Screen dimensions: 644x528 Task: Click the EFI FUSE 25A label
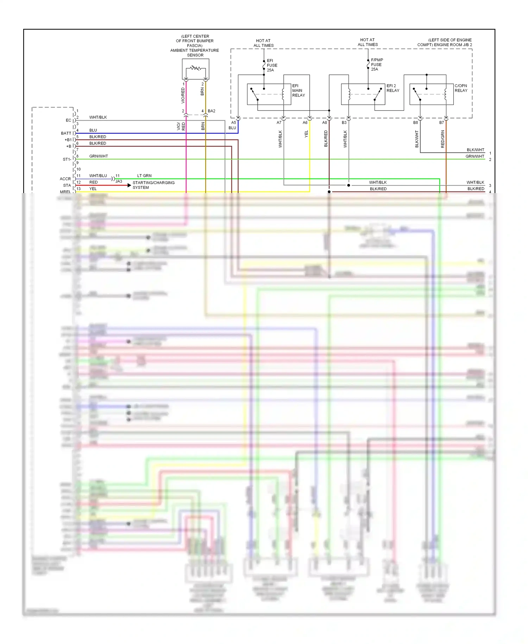(272, 66)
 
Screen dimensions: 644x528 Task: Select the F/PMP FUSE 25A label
(377, 64)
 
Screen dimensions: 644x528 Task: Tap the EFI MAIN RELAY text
(298, 91)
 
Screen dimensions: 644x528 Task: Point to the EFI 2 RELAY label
(392, 88)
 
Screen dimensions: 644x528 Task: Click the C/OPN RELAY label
(460, 88)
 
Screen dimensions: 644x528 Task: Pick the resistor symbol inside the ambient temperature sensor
(196, 68)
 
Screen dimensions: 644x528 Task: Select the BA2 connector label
(211, 111)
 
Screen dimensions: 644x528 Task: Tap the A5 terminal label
(233, 123)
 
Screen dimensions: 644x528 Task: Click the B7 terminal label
(441, 123)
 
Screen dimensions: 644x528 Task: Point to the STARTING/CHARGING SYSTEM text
(153, 185)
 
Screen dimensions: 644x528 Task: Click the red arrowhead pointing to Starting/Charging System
(129, 185)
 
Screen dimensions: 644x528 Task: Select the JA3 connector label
(119, 181)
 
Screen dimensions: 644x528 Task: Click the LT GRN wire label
(144, 175)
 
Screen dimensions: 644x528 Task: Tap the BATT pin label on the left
(66, 133)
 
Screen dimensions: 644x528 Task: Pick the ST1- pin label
(67, 159)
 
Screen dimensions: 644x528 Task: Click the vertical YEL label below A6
(306, 134)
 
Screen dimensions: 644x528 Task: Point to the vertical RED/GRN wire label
(442, 139)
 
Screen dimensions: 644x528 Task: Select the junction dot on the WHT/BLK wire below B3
(348, 185)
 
